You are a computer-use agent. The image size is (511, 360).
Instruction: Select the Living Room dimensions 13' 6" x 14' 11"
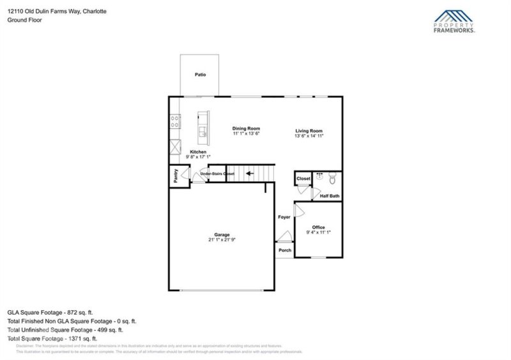pyautogui.click(x=309, y=135)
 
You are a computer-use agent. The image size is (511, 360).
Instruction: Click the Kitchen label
pyautogui.click(x=198, y=152)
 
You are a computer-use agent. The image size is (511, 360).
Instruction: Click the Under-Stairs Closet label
pyautogui.click(x=217, y=174)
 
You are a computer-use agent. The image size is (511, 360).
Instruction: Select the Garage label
pyautogui.click(x=222, y=234)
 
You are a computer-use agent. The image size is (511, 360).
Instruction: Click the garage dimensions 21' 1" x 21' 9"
pyautogui.click(x=222, y=240)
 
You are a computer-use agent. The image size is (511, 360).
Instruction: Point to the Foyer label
pyautogui.click(x=284, y=218)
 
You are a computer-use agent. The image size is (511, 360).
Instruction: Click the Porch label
pyautogui.click(x=285, y=250)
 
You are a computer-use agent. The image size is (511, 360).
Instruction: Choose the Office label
pyautogui.click(x=318, y=228)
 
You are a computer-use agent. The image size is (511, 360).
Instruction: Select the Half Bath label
pyautogui.click(x=330, y=196)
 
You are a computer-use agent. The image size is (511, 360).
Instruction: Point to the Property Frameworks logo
pyautogui.click(x=455, y=21)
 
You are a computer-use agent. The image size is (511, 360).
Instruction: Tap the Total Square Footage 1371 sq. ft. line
pyautogui.click(x=52, y=338)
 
